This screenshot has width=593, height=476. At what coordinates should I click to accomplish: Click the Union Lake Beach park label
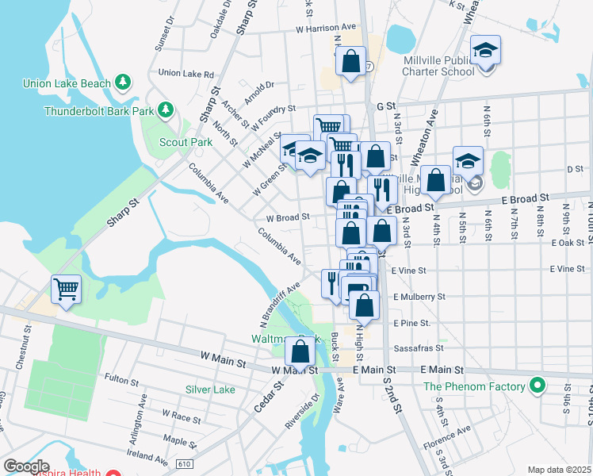[67, 82]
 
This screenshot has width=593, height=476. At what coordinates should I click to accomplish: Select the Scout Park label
[186, 142]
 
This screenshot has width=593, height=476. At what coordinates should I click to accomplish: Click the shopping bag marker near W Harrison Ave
[350, 61]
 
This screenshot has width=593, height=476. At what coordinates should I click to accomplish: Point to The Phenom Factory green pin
[538, 386]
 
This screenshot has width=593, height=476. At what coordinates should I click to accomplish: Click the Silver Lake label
[210, 390]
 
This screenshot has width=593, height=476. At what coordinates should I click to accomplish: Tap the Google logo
[26, 466]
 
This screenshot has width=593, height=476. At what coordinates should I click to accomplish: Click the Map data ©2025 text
[559, 470]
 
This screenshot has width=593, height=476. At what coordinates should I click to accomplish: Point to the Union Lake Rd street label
[186, 74]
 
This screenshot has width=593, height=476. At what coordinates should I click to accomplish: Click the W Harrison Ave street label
[326, 28]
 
